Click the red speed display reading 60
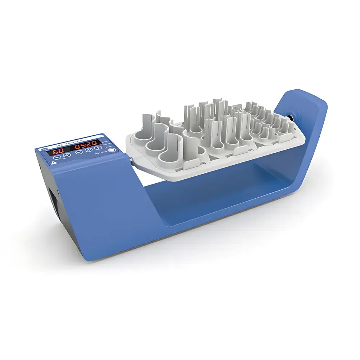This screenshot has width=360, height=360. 57,152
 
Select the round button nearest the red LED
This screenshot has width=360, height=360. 112,150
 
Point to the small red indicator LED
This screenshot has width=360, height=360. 105,148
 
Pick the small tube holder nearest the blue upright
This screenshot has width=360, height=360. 283,126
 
